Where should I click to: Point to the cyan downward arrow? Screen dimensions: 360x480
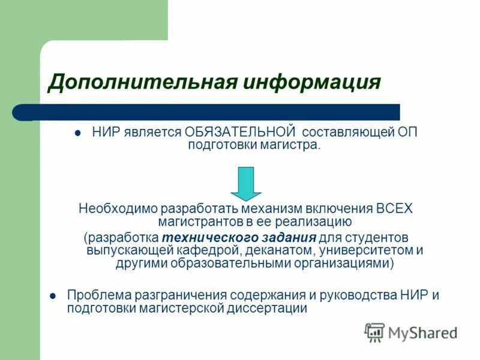pyautogui.click(x=246, y=184)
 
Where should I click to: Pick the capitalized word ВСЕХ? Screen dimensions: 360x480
pyautogui.click(x=395, y=209)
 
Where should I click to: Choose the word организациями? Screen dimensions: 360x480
pyautogui.click(x=350, y=263)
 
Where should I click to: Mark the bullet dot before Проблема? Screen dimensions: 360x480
pyautogui.click(x=52, y=296)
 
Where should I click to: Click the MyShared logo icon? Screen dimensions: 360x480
pyautogui.click(x=374, y=332)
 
